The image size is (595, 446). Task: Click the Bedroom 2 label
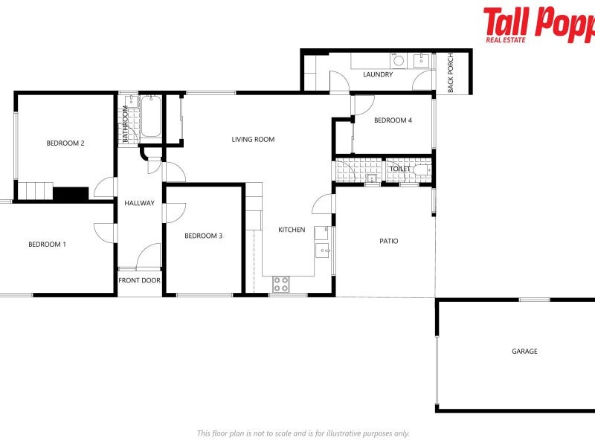coord(65,143)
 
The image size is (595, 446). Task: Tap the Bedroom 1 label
coord(48,245)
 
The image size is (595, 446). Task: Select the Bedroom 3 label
coord(204,236)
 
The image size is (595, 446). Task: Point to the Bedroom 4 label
coord(393,120)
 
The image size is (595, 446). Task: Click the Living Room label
coord(253,139)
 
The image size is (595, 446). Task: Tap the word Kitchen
coord(292,230)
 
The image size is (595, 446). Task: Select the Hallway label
coord(139,203)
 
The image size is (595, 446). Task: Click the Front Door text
coord(140,281)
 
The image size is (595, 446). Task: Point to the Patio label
coord(389,241)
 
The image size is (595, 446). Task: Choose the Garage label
coord(524,352)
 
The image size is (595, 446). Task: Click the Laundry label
coord(378,75)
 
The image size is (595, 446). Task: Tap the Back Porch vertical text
coord(451,73)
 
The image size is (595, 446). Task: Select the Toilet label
coord(400,169)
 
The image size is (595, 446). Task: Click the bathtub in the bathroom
coord(151,117)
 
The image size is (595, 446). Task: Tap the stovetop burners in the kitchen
coord(281,283)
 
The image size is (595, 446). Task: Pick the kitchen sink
coord(323,250)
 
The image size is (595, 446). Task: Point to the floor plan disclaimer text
coord(303,433)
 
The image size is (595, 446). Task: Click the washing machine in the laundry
coord(399,61)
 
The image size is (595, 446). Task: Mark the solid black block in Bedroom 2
coord(71,193)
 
